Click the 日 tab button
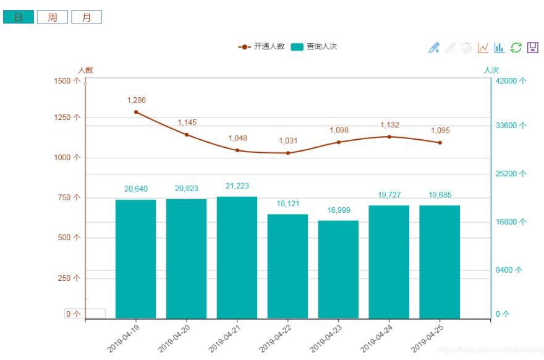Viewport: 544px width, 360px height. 19,17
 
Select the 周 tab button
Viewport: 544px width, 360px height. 53,17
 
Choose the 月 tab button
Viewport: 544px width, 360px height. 87,17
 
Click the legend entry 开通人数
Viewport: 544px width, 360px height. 261,46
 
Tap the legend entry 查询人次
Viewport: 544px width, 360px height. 314,46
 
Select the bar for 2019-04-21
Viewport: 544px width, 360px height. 237,257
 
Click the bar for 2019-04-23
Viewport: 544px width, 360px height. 338,269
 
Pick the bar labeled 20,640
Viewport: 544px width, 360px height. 135,259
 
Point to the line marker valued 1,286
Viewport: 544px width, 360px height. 136,112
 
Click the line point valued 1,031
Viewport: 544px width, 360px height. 288,153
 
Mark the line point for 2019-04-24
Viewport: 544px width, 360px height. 389,137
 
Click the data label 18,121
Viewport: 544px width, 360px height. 288,204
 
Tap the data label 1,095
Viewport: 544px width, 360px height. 440,131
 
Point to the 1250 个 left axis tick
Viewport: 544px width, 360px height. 67,118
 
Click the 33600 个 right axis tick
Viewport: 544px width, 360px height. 511,126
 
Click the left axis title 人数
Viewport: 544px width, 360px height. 85,70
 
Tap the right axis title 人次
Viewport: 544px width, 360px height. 491,70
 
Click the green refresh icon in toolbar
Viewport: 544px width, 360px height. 516,48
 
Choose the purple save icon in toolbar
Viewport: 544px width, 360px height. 532,48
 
